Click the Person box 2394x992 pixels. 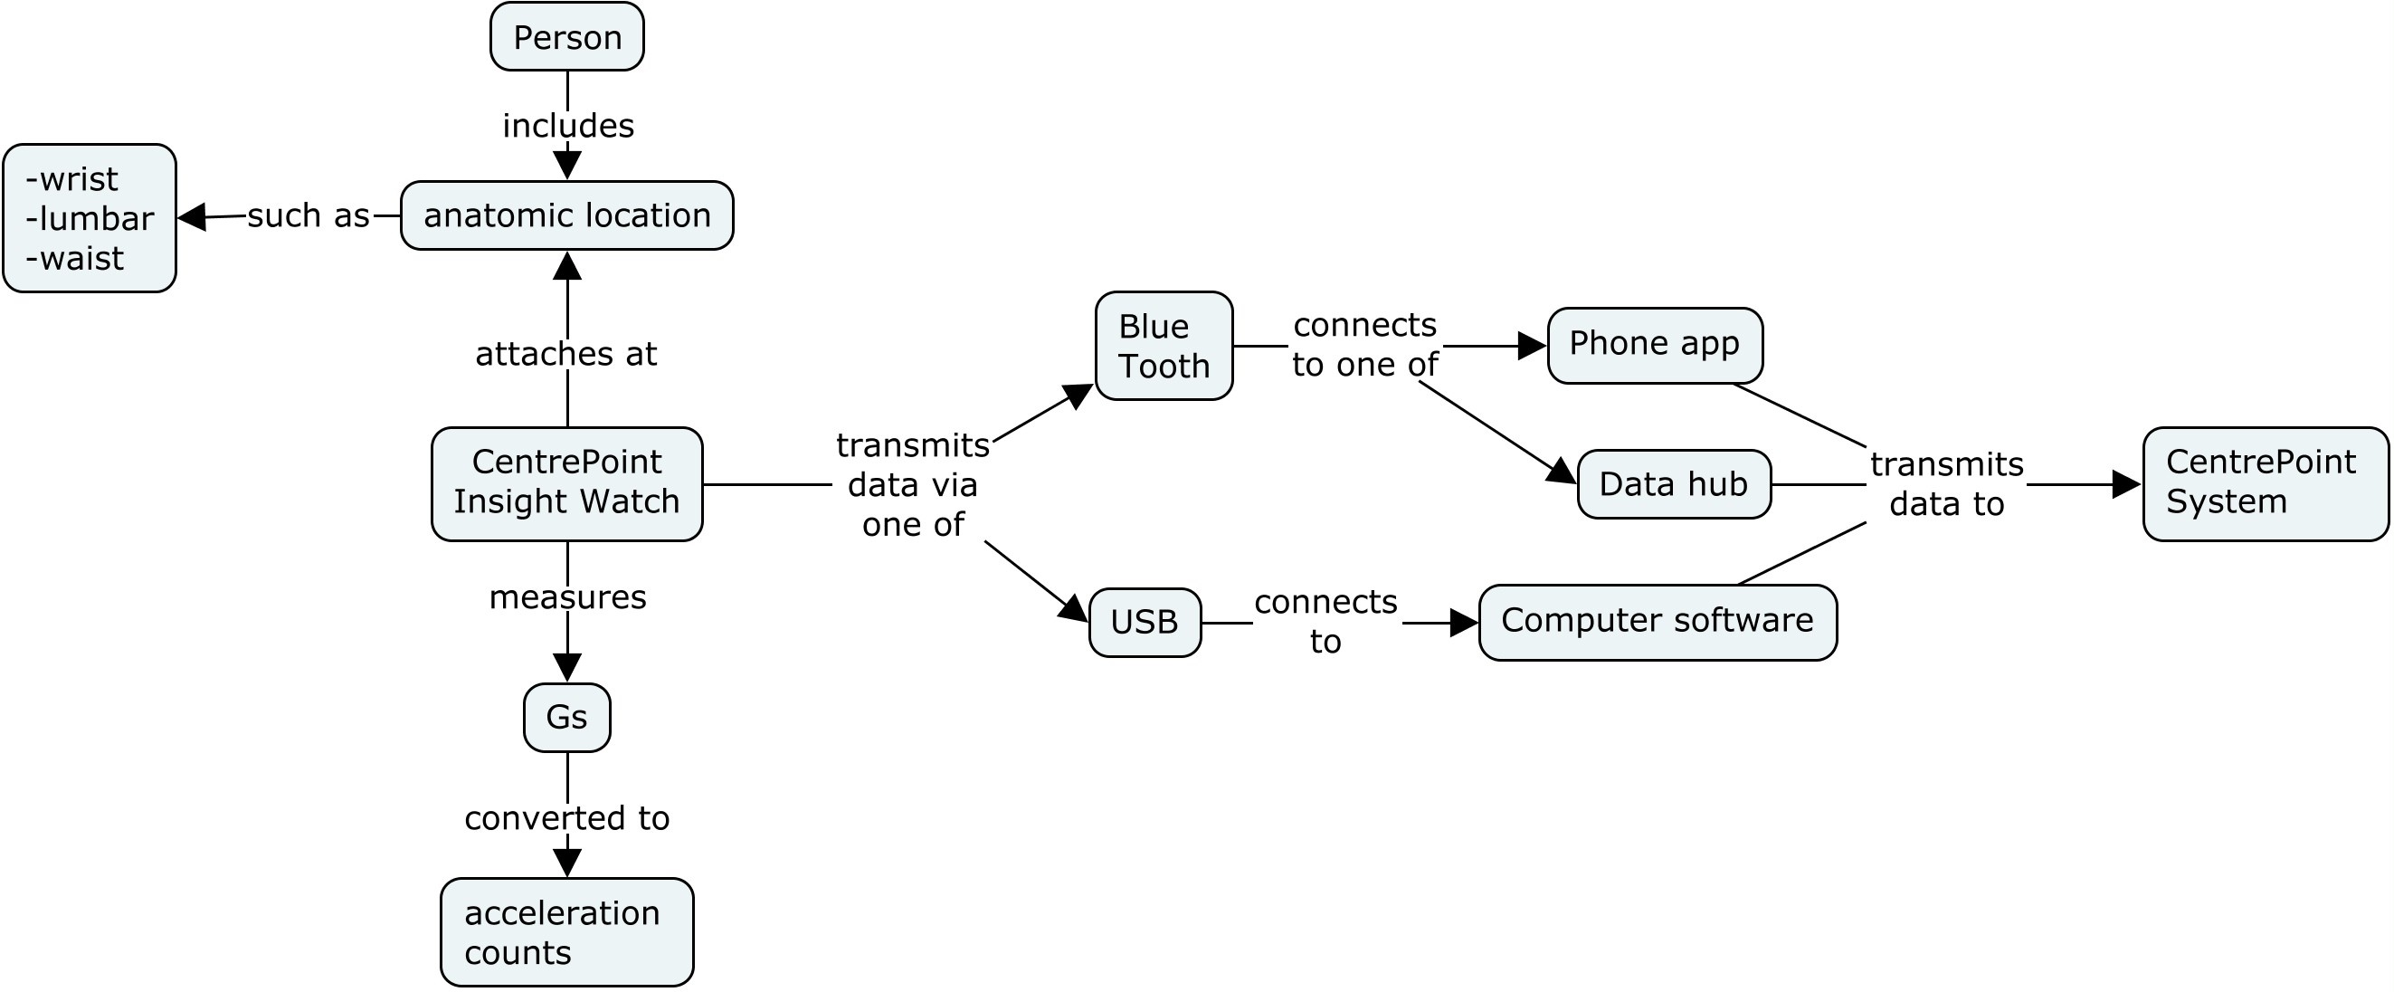(x=567, y=37)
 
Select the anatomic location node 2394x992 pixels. (x=567, y=215)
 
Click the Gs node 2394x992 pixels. (x=567, y=717)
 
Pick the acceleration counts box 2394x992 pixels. (x=567, y=931)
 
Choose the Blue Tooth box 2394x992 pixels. (x=1164, y=346)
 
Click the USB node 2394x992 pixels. (x=1144, y=622)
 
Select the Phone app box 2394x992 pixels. (x=1654, y=345)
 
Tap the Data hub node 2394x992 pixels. (x=1674, y=484)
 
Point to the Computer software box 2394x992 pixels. (x=1657, y=622)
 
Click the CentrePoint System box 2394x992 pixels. (x=2264, y=483)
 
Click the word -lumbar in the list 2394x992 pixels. (x=90, y=218)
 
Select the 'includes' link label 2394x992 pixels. (x=568, y=126)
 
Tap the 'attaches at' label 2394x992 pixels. (x=566, y=354)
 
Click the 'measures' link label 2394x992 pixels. (x=567, y=596)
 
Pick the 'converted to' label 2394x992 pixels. (x=567, y=818)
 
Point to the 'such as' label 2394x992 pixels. (x=309, y=215)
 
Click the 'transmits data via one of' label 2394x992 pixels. (x=913, y=484)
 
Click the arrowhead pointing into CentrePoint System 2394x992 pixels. (x=2125, y=484)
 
